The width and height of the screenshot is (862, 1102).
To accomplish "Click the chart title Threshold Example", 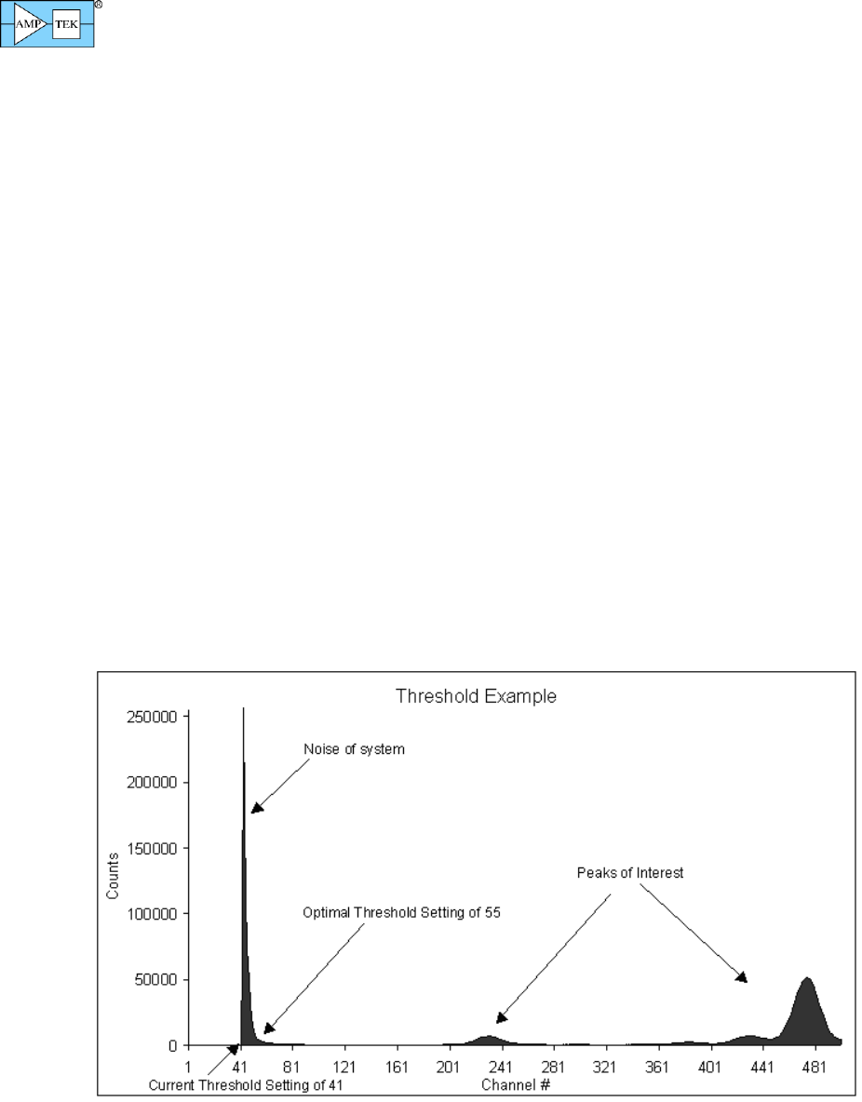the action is tap(476, 696).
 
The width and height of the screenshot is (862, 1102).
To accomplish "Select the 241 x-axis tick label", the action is tap(503, 1067).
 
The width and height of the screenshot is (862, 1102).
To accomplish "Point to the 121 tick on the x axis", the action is tap(346, 1067).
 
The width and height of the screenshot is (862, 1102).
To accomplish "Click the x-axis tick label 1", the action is tap(188, 1067).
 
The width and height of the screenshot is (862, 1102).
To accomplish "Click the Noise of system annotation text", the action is tap(354, 749).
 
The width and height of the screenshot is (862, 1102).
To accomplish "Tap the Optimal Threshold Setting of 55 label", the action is tap(402, 913).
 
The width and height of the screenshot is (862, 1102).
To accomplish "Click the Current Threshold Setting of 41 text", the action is tap(247, 1085).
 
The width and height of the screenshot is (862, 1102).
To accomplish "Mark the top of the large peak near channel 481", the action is tap(807, 978).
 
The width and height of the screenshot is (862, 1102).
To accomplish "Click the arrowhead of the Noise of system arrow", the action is tap(255, 808).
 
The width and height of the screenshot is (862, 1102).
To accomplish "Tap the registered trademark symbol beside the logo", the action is tap(99, 5).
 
